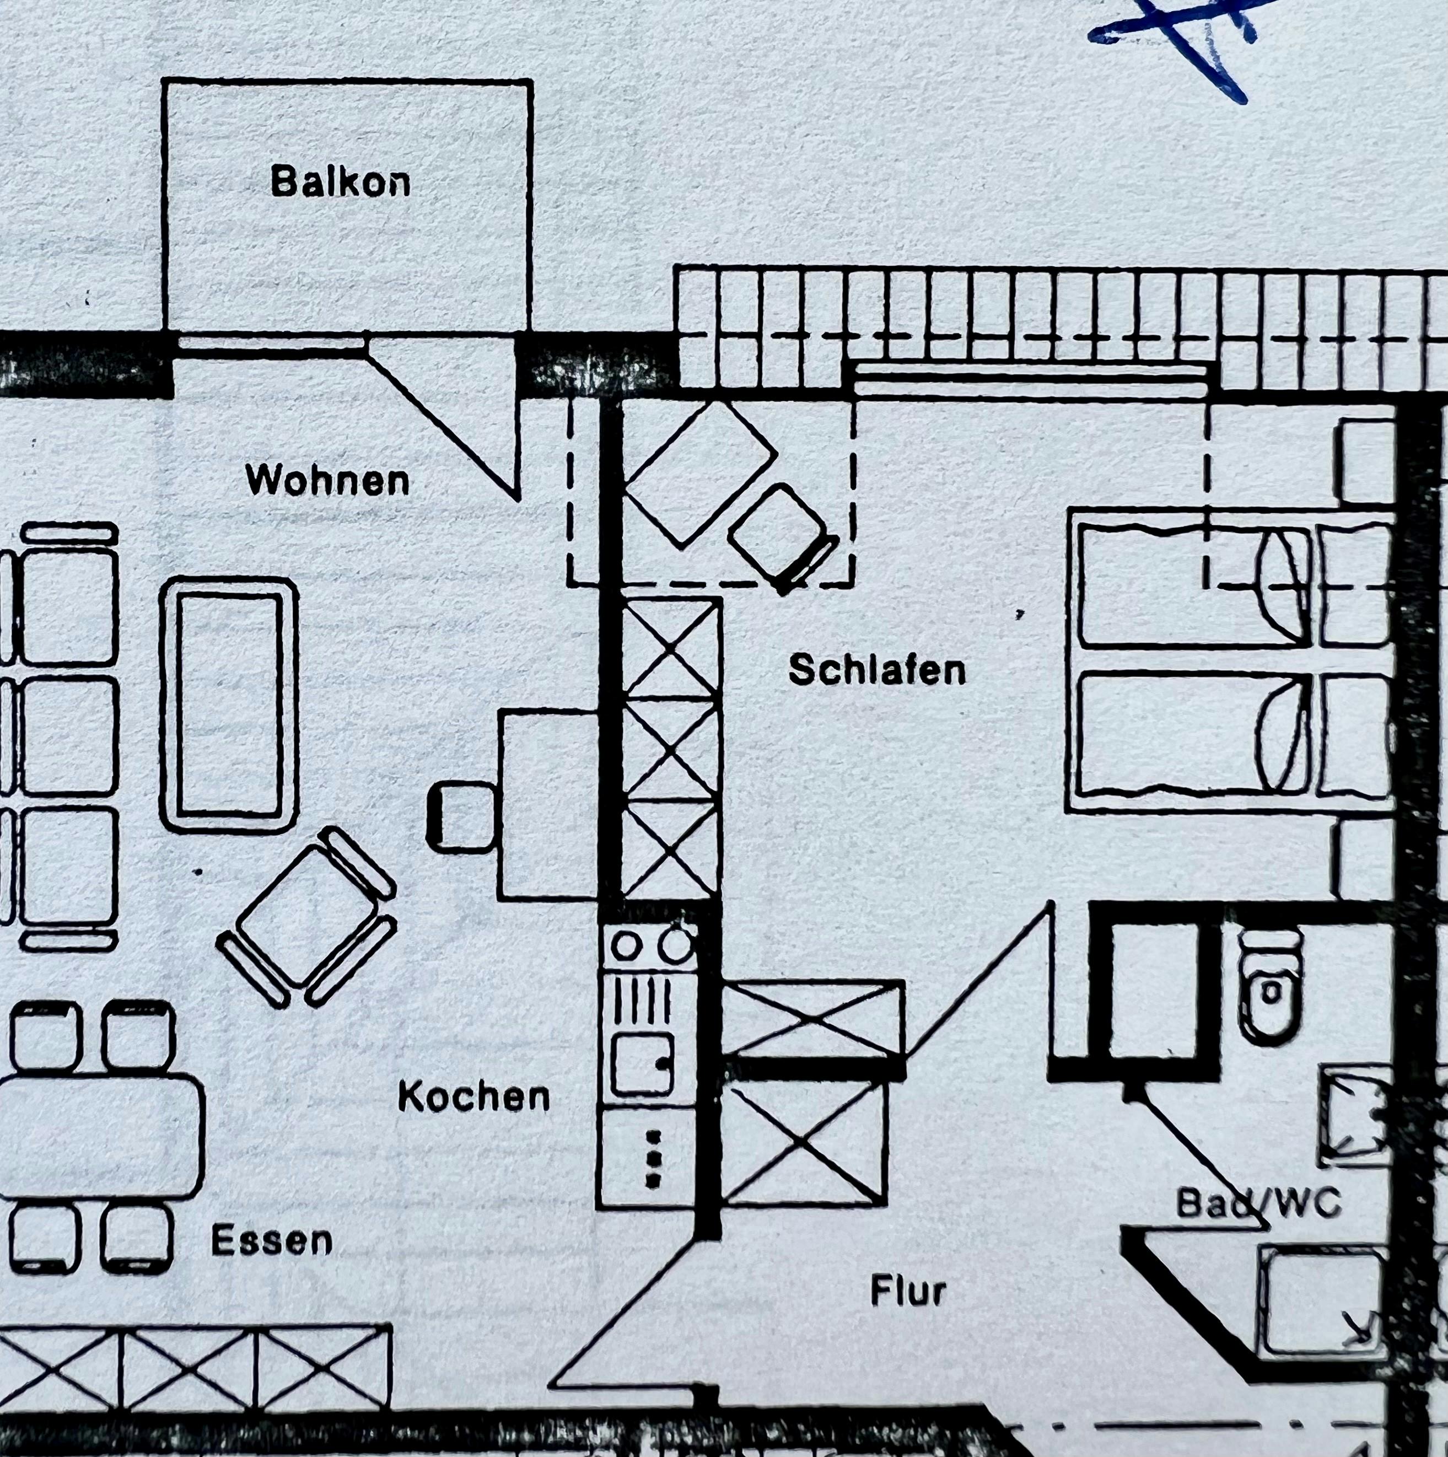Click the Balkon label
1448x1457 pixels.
point(341,182)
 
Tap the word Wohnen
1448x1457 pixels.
point(327,480)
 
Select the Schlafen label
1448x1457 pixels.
point(877,670)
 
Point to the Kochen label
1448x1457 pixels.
point(473,1096)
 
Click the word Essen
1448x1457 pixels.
point(272,1240)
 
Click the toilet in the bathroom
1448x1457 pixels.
point(1271,988)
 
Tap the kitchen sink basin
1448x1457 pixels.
point(641,1064)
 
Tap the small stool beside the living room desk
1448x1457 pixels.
point(461,818)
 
